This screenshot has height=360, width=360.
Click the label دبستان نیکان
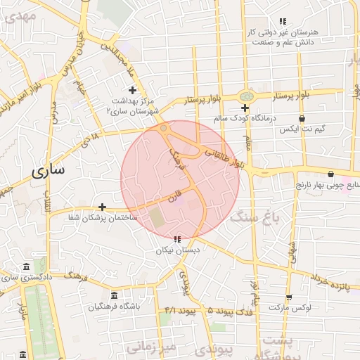(x=178, y=250)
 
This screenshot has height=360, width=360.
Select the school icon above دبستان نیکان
(x=177, y=239)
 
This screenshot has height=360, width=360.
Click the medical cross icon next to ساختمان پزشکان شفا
(x=103, y=207)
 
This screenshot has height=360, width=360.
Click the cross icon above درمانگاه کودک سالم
(x=245, y=108)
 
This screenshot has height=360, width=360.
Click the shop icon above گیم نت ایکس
(x=302, y=118)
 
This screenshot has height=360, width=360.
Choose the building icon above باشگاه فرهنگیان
(x=115, y=296)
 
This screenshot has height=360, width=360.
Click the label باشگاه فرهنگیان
(x=115, y=307)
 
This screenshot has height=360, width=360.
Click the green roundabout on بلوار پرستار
(x=245, y=95)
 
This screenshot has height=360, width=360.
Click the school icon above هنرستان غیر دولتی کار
(x=283, y=22)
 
